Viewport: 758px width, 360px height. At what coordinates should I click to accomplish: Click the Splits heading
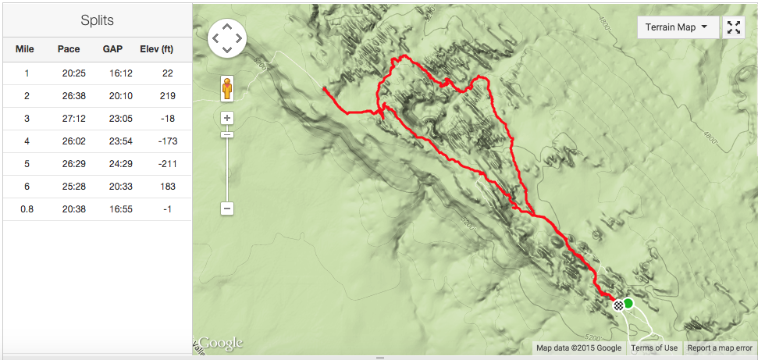pyautogui.click(x=97, y=20)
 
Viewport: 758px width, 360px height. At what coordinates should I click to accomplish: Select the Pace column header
pyautogui.click(x=69, y=49)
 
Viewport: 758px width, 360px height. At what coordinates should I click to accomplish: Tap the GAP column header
pyautogui.click(x=112, y=49)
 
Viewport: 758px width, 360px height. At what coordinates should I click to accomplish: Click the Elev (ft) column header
pyautogui.click(x=156, y=49)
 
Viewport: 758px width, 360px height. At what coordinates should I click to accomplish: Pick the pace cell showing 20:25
pyautogui.click(x=69, y=73)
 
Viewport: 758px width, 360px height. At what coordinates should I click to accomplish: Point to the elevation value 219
pyautogui.click(x=167, y=96)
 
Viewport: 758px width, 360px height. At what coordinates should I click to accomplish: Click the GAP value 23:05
pyautogui.click(x=112, y=119)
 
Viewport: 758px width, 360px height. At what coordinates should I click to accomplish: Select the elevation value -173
pyautogui.click(x=167, y=141)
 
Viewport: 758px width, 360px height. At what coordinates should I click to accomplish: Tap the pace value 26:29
pyautogui.click(x=69, y=164)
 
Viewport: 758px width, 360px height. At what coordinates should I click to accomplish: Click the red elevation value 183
pyautogui.click(x=167, y=187)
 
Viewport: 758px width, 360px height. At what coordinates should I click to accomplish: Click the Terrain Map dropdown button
pyautogui.click(x=677, y=27)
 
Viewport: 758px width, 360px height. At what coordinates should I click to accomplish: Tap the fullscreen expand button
pyautogui.click(x=734, y=27)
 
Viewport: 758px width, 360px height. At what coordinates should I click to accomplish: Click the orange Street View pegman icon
pyautogui.click(x=226, y=89)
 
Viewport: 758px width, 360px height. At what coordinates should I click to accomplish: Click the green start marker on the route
pyautogui.click(x=628, y=303)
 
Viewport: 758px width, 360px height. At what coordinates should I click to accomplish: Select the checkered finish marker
pyautogui.click(x=618, y=305)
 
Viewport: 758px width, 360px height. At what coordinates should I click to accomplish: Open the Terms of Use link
pyautogui.click(x=654, y=348)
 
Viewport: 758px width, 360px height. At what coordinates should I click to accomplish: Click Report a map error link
pyautogui.click(x=720, y=348)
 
